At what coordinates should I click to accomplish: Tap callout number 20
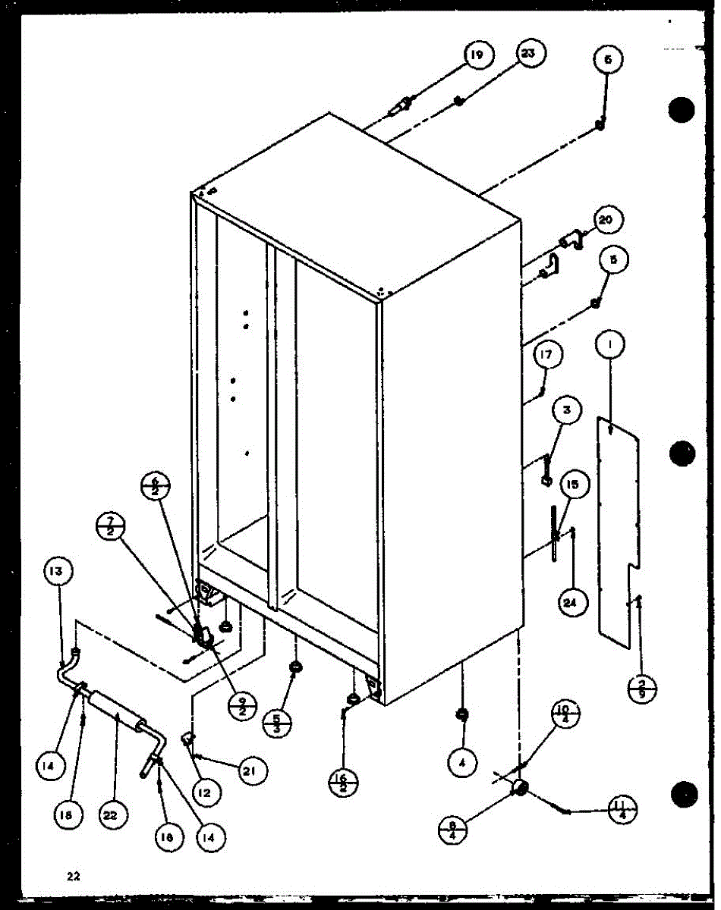(604, 221)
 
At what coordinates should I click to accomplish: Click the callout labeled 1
(612, 346)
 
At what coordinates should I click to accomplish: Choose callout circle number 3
(566, 411)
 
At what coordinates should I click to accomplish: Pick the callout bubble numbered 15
(572, 483)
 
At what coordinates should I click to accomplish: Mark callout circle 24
(569, 604)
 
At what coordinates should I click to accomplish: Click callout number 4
(461, 764)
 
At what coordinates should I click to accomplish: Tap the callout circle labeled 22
(115, 816)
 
